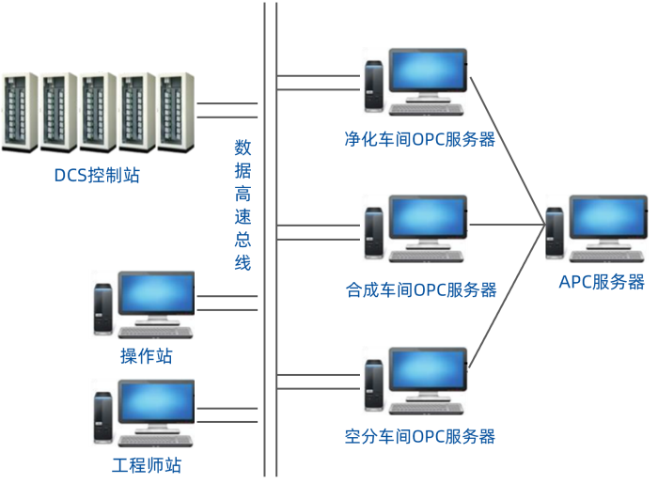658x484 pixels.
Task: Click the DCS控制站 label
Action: click(97, 174)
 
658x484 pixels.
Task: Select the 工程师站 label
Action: click(147, 465)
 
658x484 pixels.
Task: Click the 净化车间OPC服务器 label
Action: click(419, 140)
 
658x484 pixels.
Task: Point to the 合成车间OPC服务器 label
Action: click(420, 289)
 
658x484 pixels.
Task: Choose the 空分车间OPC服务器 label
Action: click(419, 436)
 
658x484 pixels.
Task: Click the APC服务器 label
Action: click(602, 282)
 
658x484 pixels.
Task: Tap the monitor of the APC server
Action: click(608, 221)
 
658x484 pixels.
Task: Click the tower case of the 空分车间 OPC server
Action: click(374, 383)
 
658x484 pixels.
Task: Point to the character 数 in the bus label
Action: click(243, 148)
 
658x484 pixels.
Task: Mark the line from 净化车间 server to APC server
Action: click(508, 150)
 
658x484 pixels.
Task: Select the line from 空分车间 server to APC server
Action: click(508, 296)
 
